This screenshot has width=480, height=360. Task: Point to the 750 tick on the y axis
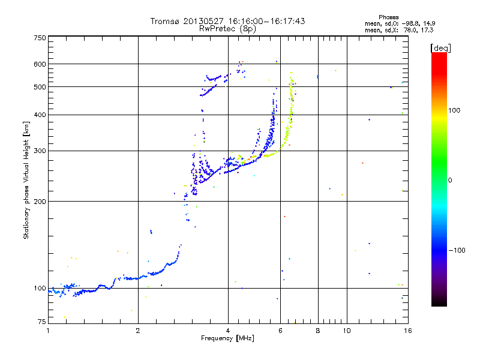(40, 38)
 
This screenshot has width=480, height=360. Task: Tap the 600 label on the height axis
(40, 64)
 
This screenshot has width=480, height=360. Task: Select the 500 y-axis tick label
(40, 87)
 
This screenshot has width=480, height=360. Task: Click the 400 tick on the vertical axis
(40, 115)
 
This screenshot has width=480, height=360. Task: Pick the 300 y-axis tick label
(40, 151)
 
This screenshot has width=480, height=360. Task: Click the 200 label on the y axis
(40, 202)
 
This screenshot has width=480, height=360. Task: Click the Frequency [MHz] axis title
(227, 338)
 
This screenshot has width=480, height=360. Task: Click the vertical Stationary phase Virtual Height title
(26, 180)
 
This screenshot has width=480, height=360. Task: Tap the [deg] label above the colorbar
(440, 48)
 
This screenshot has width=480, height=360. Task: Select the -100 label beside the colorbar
(457, 250)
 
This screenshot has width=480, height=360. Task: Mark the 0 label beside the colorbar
(451, 180)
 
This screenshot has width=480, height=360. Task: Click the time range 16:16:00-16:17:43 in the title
(263, 21)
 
